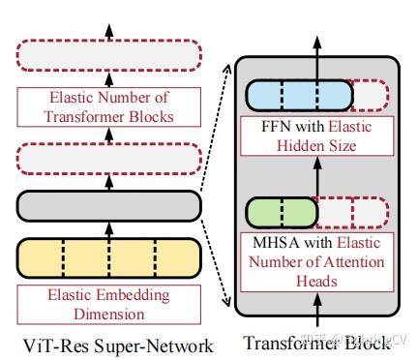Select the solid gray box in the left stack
pos(107,205)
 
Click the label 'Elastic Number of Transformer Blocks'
pos(107,108)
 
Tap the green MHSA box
pos(282,211)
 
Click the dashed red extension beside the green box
pos(353,211)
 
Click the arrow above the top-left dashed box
pos(107,21)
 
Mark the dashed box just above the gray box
pos(107,158)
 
